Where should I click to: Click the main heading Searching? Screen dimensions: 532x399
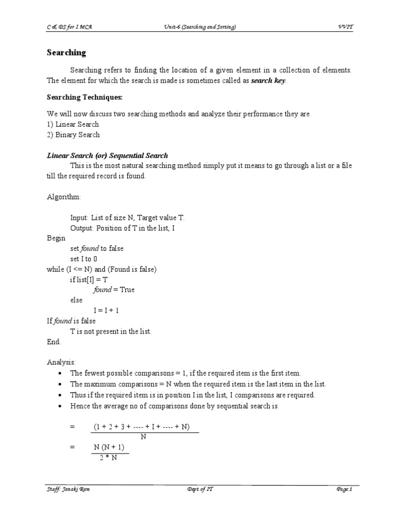[66, 53]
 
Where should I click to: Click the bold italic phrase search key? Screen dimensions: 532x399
[268, 81]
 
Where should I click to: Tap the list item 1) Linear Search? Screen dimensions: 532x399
[73, 124]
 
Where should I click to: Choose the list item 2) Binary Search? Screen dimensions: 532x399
[73, 135]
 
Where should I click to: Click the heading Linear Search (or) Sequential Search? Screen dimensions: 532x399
[108, 155]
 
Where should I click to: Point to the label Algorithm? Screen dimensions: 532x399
[64, 197]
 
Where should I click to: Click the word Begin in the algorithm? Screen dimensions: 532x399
[56, 238]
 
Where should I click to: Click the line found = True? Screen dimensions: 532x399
[114, 290]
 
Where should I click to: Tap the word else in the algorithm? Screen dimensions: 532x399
[76, 300]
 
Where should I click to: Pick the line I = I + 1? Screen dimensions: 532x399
[107, 311]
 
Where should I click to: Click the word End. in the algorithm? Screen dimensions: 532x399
[54, 342]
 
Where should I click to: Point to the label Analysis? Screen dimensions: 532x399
[62, 362]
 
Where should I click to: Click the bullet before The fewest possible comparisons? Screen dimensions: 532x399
[61, 374]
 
